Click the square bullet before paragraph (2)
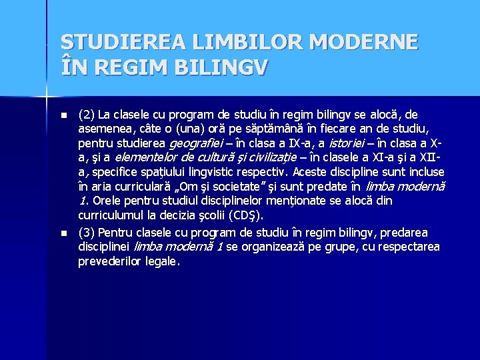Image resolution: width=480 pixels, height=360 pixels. [64, 115]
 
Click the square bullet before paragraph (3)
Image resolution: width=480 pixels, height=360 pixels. [64, 233]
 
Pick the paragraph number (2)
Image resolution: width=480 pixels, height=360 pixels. [86, 115]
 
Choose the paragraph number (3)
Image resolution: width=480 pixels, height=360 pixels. [86, 233]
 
